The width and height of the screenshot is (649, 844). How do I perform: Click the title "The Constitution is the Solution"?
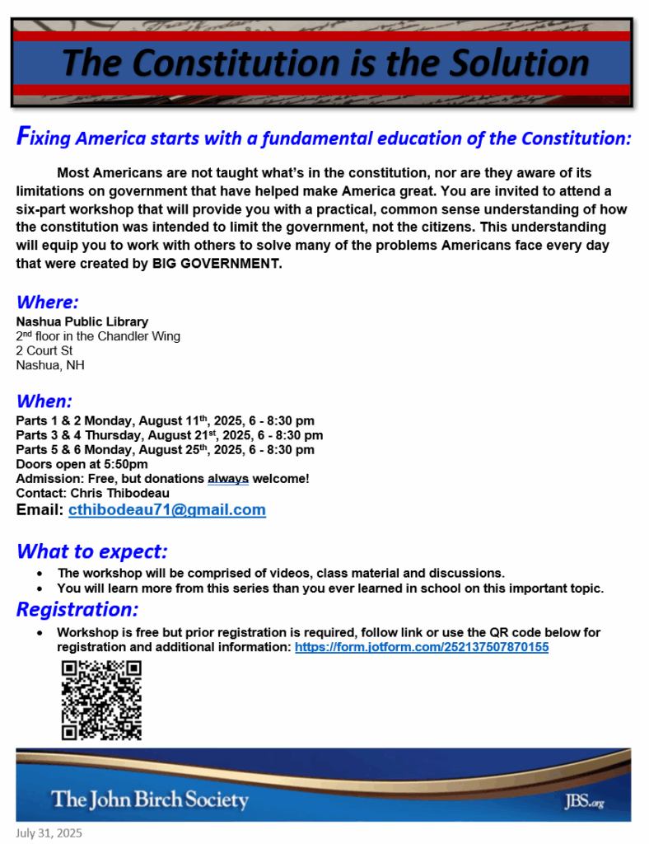[325, 63]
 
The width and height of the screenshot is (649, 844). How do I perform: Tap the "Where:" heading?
[47, 302]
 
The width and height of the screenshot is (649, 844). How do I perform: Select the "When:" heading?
[44, 401]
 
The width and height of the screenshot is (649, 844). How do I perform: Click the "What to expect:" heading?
[92, 551]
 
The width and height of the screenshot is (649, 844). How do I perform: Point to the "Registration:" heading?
[77, 610]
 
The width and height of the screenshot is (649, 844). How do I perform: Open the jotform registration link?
[422, 648]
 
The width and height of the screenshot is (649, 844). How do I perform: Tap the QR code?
[101, 700]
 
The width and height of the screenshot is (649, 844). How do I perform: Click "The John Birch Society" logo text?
[149, 799]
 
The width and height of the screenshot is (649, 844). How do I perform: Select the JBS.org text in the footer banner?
[585, 801]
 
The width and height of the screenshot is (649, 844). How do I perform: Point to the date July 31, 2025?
[49, 833]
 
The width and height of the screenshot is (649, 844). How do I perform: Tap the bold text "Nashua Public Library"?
[82, 321]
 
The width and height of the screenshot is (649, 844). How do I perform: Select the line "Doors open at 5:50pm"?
[82, 464]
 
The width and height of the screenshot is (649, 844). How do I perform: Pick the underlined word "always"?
[228, 479]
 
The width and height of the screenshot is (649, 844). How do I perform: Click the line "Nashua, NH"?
[49, 365]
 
